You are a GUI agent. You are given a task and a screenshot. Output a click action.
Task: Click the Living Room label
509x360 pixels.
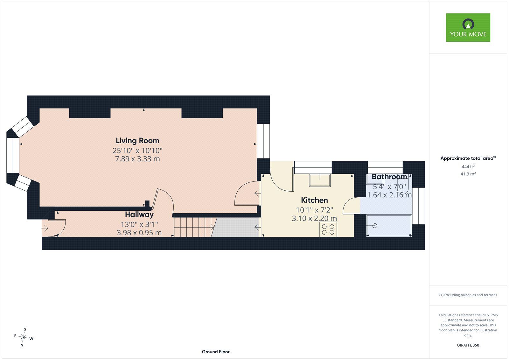point(137,141)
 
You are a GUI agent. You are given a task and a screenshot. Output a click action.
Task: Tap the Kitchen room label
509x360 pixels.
point(314,200)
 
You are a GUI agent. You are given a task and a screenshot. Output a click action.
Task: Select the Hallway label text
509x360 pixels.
point(139,215)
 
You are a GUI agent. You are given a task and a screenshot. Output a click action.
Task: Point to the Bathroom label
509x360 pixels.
point(389,177)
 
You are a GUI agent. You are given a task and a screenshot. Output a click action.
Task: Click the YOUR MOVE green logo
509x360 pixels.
point(468,27)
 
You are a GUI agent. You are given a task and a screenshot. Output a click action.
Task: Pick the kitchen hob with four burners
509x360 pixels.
point(328,229)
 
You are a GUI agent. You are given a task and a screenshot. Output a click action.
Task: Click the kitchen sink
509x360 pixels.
point(319,180)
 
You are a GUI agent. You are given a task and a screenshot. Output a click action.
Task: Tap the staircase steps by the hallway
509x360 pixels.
point(193,227)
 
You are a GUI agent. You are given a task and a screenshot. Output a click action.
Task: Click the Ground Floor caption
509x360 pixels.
point(216,352)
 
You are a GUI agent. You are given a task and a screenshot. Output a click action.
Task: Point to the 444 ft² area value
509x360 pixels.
point(468,167)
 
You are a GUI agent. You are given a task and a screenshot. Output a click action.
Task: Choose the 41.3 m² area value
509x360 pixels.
point(468,174)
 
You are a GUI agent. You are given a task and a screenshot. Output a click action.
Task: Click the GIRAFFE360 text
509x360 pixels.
point(468,345)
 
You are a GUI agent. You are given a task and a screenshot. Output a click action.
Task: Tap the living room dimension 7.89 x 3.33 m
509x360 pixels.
point(137,159)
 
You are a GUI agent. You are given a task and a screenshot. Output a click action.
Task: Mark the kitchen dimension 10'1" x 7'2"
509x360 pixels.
point(315,210)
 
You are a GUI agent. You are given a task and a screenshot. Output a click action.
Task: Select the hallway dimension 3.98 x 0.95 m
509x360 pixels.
point(139,233)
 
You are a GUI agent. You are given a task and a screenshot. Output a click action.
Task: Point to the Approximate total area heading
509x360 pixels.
point(468,158)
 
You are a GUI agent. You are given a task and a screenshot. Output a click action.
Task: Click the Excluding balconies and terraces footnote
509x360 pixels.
point(468,295)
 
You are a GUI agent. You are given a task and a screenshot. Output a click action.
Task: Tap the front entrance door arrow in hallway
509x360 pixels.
point(45,228)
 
